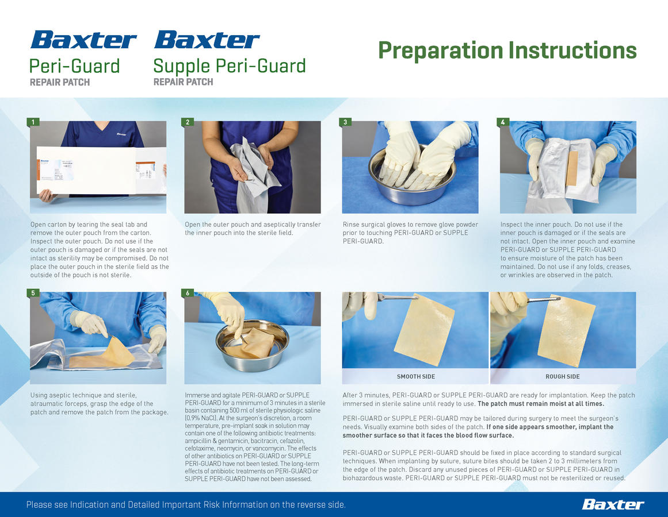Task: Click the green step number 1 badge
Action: tap(33, 122)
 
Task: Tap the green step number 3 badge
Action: tap(345, 122)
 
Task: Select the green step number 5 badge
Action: tap(33, 292)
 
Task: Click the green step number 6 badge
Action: tap(188, 292)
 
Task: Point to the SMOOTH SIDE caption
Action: tap(416, 376)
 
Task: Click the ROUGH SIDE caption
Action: tap(562, 376)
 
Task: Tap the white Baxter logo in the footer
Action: tap(613, 505)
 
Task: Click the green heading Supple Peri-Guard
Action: tap(230, 67)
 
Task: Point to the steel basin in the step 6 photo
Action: tap(252, 339)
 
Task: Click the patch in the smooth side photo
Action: tap(424, 330)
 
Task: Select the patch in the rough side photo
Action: tap(566, 331)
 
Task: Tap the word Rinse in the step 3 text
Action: tap(351, 225)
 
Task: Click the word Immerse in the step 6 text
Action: tap(197, 395)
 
